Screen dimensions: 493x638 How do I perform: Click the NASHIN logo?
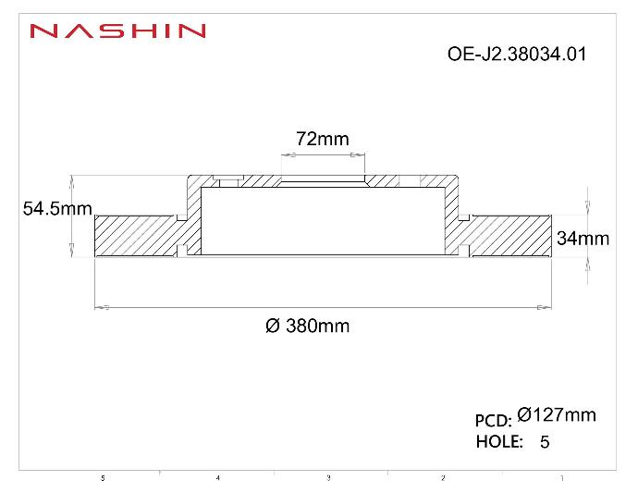point(117,31)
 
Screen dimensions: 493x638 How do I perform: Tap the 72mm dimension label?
point(322,139)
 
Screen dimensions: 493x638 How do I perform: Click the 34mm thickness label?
point(583,239)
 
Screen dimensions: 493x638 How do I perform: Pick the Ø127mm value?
point(557,415)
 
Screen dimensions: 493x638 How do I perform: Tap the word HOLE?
point(499,441)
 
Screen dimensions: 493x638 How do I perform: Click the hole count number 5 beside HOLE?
point(545,442)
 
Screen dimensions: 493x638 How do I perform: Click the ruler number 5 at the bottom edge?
point(103,478)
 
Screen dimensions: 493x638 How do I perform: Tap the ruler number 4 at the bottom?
point(217,478)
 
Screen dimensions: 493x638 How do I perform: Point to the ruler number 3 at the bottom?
point(328,478)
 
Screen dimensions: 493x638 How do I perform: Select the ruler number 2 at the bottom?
point(443,478)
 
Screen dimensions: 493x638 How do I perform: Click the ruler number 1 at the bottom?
point(562,478)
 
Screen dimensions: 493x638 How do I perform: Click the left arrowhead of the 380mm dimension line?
point(102,306)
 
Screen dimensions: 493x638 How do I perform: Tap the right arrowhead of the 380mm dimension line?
point(545,306)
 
